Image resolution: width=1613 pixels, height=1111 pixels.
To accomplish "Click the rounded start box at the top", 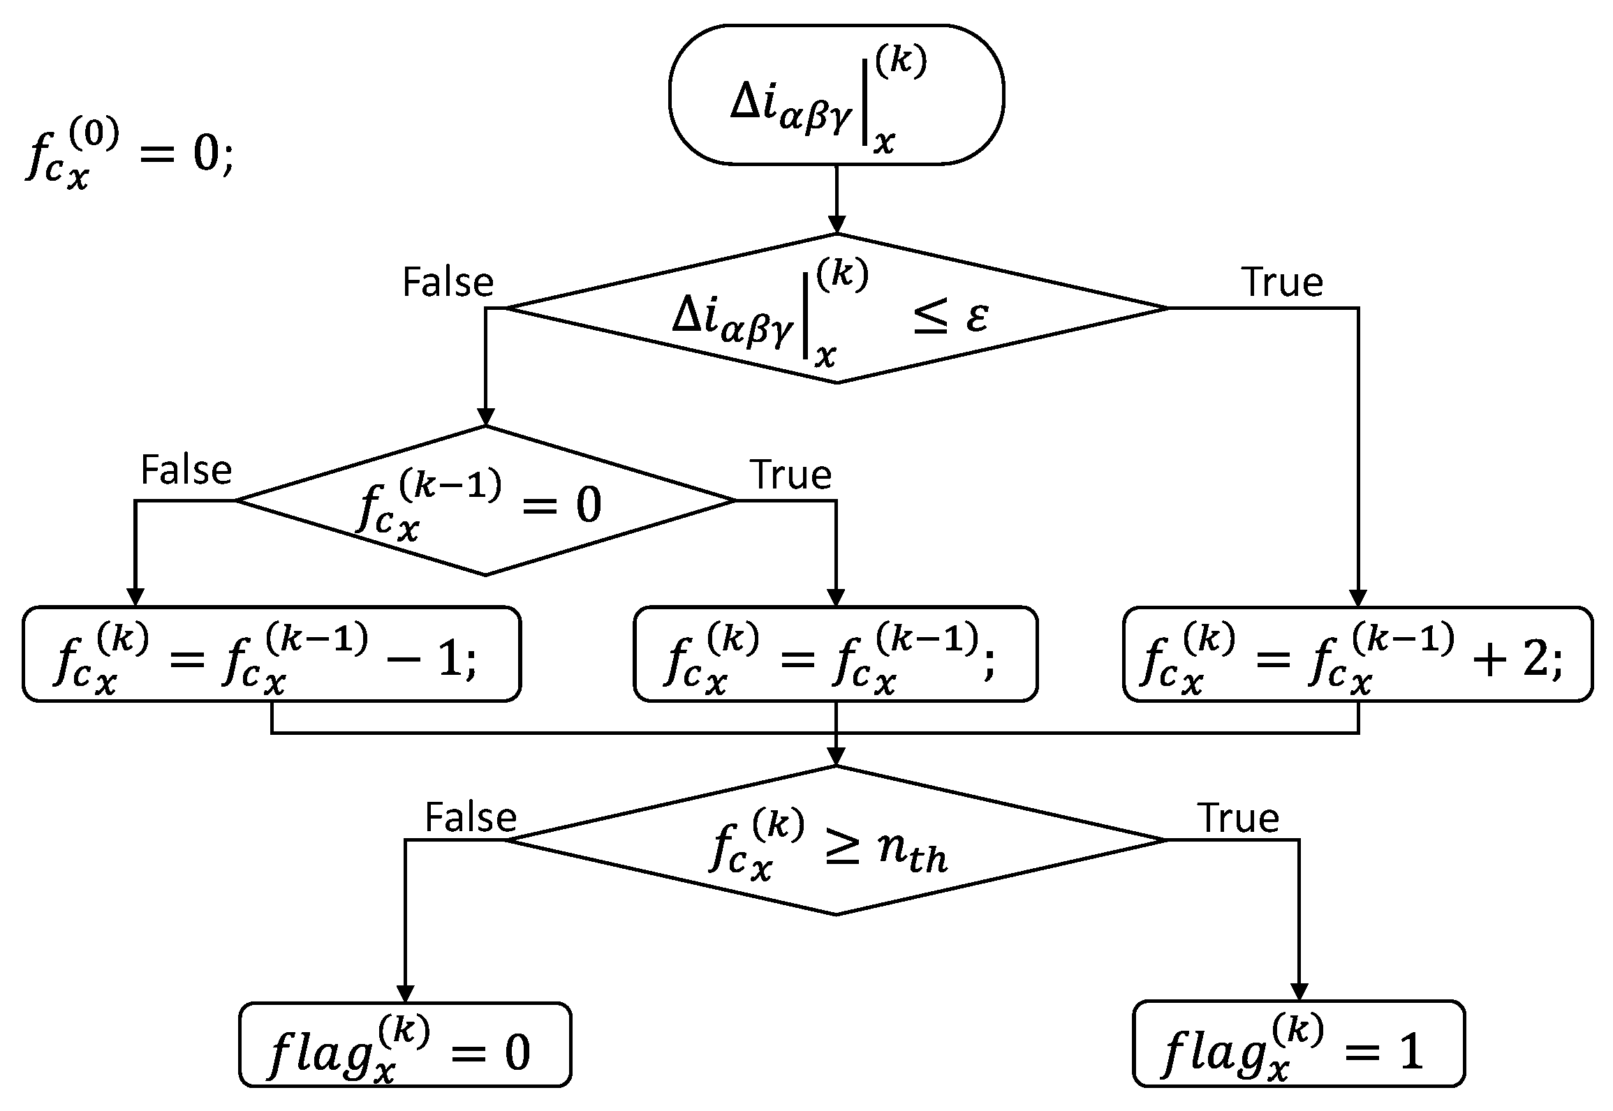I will (x=836, y=96).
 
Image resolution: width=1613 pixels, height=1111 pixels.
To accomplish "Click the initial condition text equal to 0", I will (x=129, y=155).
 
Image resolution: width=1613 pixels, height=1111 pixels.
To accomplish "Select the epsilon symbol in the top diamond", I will (x=976, y=318).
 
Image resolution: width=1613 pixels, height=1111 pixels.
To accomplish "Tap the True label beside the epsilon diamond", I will (x=1283, y=283).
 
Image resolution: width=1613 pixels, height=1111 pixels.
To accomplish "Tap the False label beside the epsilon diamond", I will (x=448, y=283).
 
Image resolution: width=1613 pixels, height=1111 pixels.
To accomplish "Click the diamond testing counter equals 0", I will (x=485, y=501).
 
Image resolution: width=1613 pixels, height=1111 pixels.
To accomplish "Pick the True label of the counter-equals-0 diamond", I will (x=790, y=475).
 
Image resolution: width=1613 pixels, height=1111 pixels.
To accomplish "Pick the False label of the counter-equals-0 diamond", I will (x=186, y=470).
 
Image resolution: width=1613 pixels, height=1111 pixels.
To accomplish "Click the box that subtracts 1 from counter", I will (x=272, y=654).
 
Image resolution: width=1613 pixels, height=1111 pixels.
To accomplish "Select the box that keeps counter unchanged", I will (x=835, y=654).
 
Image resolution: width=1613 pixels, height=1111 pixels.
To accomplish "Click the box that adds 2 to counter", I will (x=1357, y=654).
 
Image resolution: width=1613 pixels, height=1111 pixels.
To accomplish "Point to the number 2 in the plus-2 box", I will (x=1535, y=659).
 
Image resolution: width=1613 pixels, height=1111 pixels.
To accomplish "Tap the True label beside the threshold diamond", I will (x=1238, y=818).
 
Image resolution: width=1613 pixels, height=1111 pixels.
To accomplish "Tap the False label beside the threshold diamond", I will (x=470, y=818).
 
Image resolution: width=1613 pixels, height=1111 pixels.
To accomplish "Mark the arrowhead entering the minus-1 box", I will (x=135, y=598).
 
